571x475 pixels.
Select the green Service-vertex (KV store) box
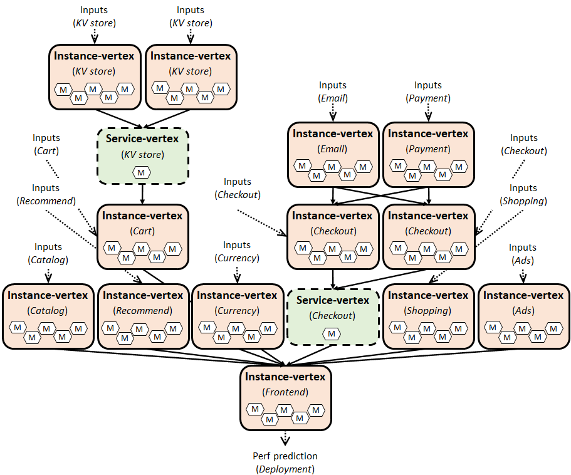(143, 156)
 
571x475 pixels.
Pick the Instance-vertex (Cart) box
(142, 236)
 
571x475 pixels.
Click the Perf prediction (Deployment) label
(285, 462)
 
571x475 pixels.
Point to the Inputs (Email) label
(333, 91)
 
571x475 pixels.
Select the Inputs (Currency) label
(237, 251)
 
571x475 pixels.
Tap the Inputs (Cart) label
(47, 144)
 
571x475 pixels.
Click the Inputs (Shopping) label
(523, 194)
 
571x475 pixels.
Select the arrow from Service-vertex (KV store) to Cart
(143, 194)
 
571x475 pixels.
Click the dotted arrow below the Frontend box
(285, 438)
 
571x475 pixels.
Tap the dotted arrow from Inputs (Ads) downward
(523, 275)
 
